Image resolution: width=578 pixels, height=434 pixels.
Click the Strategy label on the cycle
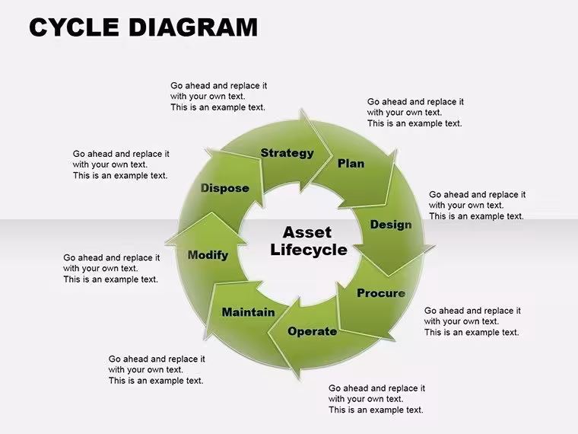[287, 153]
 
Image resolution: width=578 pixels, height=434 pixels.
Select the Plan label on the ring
[351, 164]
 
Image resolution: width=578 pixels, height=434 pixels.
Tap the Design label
[391, 225]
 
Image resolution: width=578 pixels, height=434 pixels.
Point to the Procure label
[381, 293]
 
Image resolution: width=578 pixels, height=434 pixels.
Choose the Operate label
[313, 331]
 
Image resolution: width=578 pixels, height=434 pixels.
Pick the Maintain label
[248, 312]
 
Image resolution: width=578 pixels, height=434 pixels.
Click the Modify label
[208, 255]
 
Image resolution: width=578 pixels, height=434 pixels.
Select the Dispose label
[225, 188]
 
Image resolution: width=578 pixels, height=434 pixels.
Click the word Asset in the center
[307, 232]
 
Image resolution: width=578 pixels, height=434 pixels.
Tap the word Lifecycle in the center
[309, 250]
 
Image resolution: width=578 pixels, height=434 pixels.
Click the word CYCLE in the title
[74, 27]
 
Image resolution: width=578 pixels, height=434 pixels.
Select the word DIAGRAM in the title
[193, 27]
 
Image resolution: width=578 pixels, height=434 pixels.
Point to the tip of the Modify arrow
[211, 212]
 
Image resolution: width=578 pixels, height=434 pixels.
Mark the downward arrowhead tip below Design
[388, 276]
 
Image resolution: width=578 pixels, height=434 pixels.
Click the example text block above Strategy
[218, 97]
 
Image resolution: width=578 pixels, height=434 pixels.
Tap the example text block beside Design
[477, 205]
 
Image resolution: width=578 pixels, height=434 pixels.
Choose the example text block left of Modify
[111, 268]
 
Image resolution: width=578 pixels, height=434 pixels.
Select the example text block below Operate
[376, 399]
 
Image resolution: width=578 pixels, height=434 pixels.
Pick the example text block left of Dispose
[120, 164]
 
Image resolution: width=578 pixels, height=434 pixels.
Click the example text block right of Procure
[472, 321]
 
